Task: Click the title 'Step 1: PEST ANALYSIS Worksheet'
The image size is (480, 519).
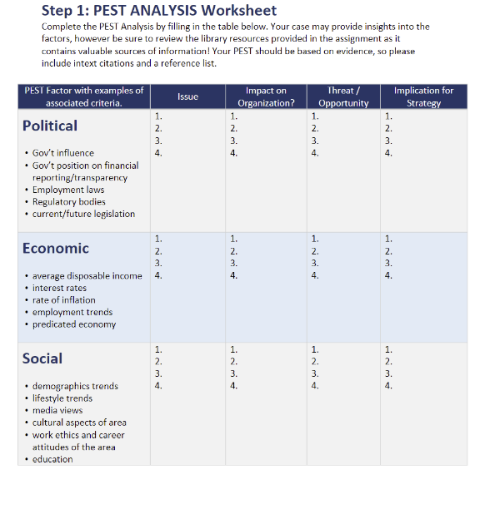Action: pyautogui.click(x=158, y=11)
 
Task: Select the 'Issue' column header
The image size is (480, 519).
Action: pyautogui.click(x=188, y=96)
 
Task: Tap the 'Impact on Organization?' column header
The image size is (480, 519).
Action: pyautogui.click(x=266, y=96)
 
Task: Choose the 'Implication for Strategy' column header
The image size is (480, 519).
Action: pyautogui.click(x=423, y=96)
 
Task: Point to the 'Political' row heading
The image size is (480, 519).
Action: pyautogui.click(x=50, y=126)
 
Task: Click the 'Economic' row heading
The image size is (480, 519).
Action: pyautogui.click(x=56, y=248)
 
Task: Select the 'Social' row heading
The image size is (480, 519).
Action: pyautogui.click(x=42, y=358)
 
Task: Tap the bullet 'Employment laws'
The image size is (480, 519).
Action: pyautogui.click(x=68, y=190)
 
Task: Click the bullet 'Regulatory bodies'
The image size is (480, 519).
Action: pyautogui.click(x=69, y=202)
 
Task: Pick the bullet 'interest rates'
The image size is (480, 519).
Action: pyautogui.click(x=59, y=288)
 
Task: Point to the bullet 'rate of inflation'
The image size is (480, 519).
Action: pyautogui.click(x=64, y=300)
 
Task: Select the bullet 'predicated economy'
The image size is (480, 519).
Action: pyautogui.click(x=74, y=324)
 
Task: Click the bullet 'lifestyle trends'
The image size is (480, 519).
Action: pyautogui.click(x=62, y=398)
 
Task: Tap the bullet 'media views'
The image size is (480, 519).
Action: pyautogui.click(x=57, y=410)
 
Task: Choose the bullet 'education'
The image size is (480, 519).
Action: pyautogui.click(x=52, y=459)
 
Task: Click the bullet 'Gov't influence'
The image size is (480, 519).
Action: pyautogui.click(x=63, y=153)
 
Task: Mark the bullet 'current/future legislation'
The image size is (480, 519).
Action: pyautogui.click(x=83, y=214)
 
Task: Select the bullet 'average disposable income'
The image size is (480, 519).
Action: pyautogui.click(x=87, y=276)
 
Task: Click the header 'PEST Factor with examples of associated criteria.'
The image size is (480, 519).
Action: pyautogui.click(x=83, y=96)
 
